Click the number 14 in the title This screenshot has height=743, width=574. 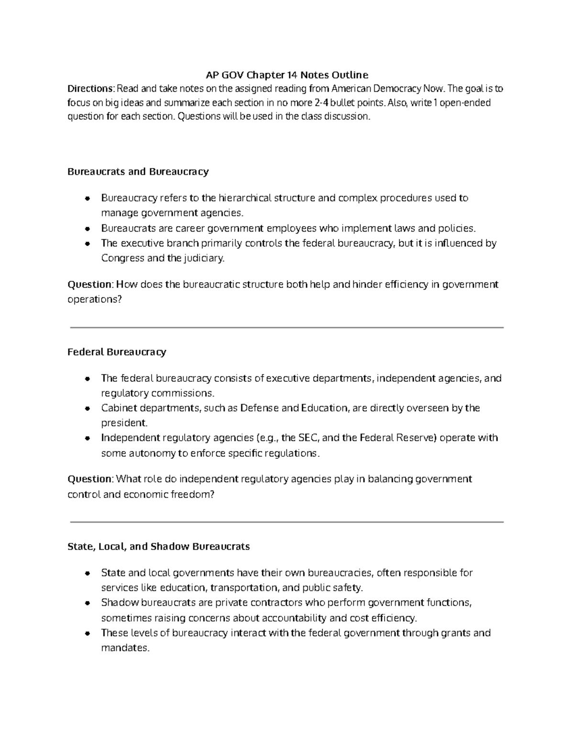click(292, 75)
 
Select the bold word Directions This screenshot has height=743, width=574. click(90, 89)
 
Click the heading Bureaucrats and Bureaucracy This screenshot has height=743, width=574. click(138, 171)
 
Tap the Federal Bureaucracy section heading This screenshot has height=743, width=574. click(117, 352)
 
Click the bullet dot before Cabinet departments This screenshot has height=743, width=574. click(87, 409)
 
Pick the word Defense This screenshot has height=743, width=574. click(259, 408)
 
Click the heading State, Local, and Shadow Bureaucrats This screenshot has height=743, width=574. click(158, 546)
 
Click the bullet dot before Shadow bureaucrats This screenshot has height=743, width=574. click(87, 603)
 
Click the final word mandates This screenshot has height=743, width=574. click(125, 648)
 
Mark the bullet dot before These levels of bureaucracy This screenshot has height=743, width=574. click(87, 633)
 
